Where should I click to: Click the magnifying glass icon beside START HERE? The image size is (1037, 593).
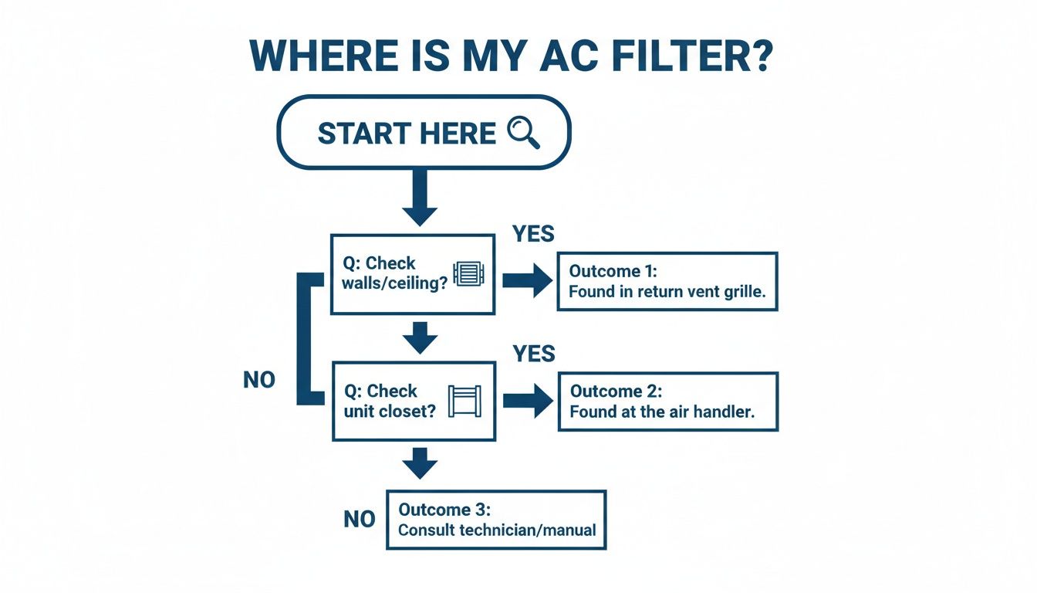point(524,133)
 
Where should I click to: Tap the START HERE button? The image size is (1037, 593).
point(423,132)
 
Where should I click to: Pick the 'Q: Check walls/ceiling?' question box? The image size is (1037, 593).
point(412,274)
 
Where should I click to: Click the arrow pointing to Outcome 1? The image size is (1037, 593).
point(528,281)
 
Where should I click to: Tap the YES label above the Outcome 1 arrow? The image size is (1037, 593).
point(533,233)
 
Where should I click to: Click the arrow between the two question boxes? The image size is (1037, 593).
point(420,337)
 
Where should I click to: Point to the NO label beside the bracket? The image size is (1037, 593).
point(258,380)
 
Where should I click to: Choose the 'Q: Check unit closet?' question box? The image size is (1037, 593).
point(413,401)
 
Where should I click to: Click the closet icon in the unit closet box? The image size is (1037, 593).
point(464,401)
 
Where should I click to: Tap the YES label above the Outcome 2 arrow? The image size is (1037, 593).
point(533,354)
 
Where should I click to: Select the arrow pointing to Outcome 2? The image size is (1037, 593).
point(528,401)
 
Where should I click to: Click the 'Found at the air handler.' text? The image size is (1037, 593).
point(661,412)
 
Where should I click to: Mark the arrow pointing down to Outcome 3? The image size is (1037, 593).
point(420,463)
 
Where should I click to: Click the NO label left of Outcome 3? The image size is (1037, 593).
point(359,520)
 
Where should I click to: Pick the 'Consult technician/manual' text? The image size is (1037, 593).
point(496,530)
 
